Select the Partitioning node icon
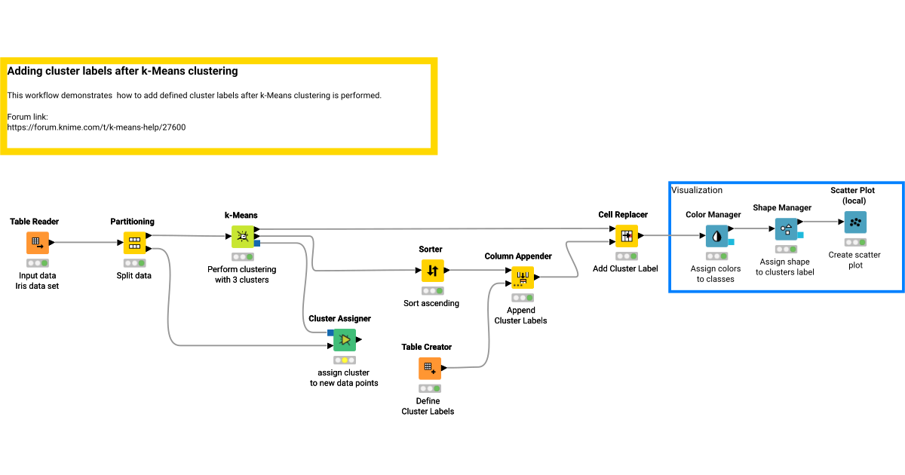pos(134,243)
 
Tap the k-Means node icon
pos(243,237)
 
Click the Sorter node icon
pos(432,270)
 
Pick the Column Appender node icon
pos(522,277)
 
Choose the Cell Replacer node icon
pos(626,236)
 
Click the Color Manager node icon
pos(716,236)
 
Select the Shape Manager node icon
pos(786,229)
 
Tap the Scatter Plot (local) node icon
pos(854,222)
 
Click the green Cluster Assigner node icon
pos(345,340)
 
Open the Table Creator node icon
pos(429,368)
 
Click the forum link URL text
pos(97,127)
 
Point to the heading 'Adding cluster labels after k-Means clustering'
pos(122,71)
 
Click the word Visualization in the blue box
pos(697,190)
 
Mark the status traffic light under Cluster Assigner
pos(345,360)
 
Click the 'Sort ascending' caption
pos(431,303)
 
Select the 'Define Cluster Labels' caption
pos(428,406)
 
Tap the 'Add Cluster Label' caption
pos(625,268)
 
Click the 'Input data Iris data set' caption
pos(37,281)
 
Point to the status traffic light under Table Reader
pos(38,263)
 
